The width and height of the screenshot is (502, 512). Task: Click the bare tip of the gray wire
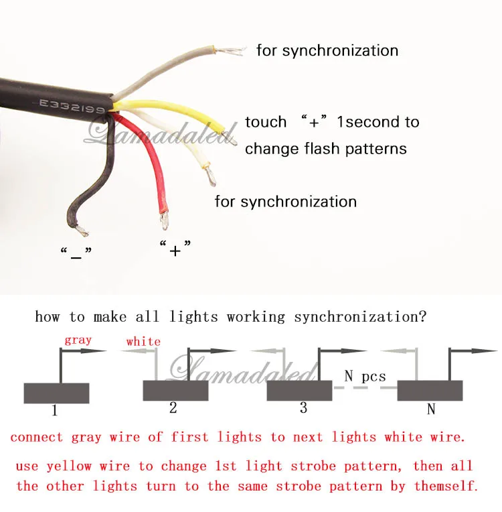[x=230, y=51]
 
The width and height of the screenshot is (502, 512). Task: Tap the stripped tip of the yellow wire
[x=230, y=138]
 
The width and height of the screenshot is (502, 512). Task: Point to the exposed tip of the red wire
[x=164, y=220]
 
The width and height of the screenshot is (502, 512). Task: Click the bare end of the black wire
[x=82, y=231]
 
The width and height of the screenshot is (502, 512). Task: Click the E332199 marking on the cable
[x=72, y=106]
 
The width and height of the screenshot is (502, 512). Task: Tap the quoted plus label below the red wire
[x=175, y=248]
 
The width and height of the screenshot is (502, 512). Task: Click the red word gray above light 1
[x=78, y=340]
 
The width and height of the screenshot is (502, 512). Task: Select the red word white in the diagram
[x=143, y=342]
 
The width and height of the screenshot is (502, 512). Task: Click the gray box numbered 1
[x=56, y=393]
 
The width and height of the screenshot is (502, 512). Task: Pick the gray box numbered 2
[x=175, y=391]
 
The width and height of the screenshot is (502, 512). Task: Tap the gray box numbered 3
[x=299, y=391]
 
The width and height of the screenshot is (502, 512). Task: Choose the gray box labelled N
[x=430, y=391]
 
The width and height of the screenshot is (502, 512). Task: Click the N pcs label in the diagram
[x=365, y=377]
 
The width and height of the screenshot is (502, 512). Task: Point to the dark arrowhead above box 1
[x=94, y=351]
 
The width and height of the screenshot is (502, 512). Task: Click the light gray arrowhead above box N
[x=394, y=351]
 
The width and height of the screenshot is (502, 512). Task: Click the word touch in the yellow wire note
[x=266, y=122]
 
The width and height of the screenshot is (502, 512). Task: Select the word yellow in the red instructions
[x=69, y=466]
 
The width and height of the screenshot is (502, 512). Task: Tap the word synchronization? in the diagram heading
[x=360, y=317]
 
